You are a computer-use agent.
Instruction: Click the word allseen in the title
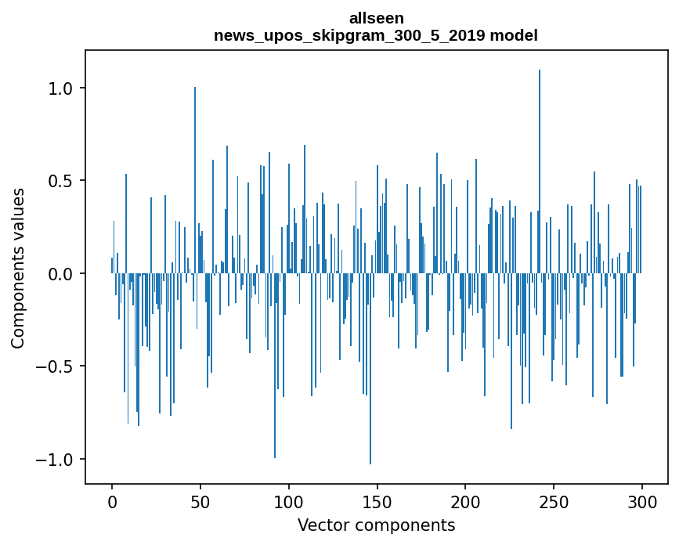376,17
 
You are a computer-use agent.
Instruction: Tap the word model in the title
514,35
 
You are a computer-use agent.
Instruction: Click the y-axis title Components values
18,268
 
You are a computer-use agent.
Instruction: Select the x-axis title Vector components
376,525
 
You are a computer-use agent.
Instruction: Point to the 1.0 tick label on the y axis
62,88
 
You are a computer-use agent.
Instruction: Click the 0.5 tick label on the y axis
62,181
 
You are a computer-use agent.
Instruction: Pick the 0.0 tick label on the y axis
62,274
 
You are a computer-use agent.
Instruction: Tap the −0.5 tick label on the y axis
56,366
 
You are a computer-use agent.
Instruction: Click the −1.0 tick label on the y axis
56,459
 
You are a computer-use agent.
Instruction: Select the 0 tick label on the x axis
112,501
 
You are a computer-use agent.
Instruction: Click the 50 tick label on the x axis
200,501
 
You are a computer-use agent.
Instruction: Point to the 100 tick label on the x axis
289,501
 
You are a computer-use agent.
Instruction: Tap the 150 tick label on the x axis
377,501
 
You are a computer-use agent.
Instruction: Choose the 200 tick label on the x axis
466,501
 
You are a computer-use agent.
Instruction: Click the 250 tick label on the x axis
554,501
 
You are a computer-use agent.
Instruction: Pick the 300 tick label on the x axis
642,501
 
